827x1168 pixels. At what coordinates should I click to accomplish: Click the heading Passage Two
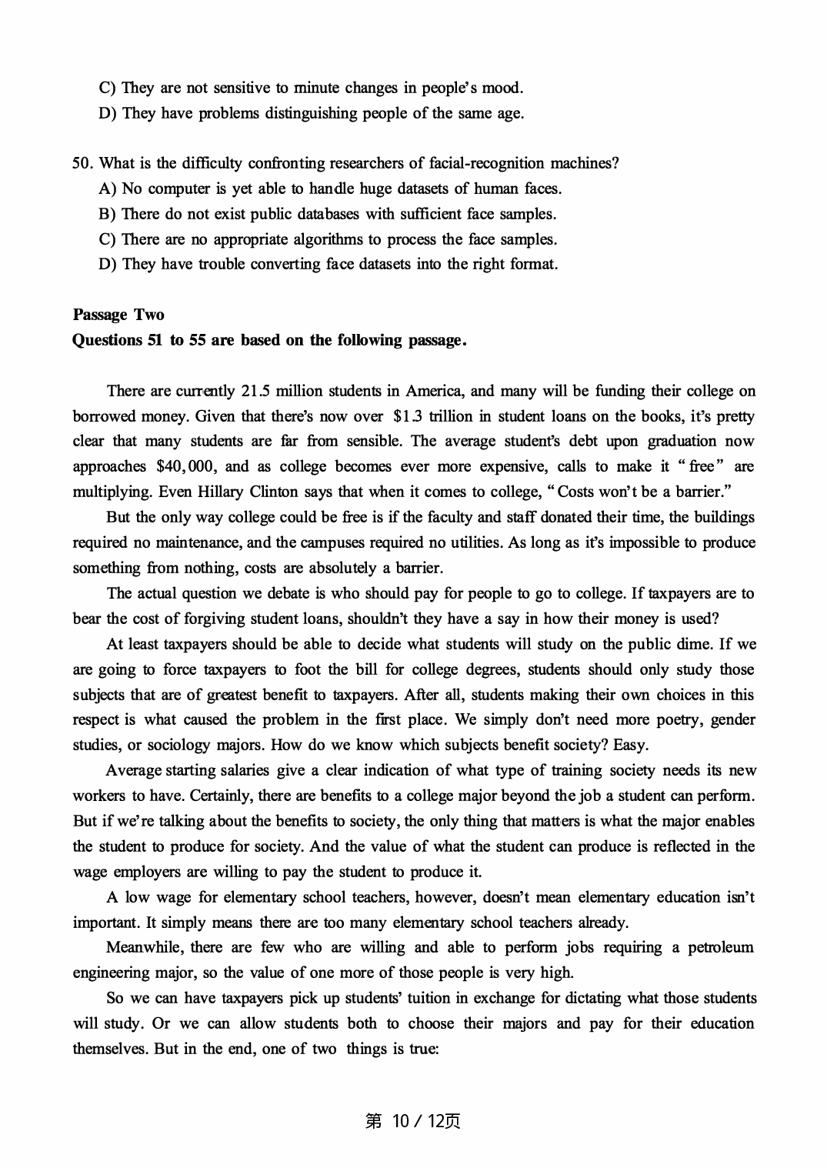[x=118, y=315]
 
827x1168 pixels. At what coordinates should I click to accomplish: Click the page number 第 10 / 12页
[x=413, y=1121]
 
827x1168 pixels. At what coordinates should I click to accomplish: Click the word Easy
[x=631, y=745]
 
